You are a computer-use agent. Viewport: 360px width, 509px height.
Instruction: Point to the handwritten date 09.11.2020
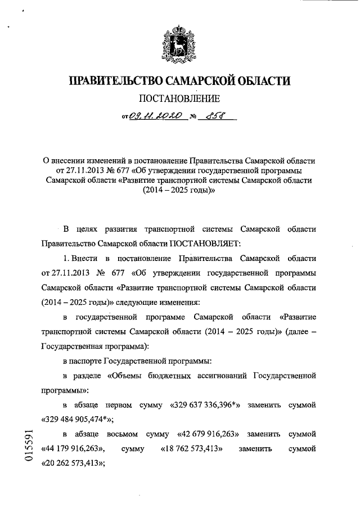pos(154,117)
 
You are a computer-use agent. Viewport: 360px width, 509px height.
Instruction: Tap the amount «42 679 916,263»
pos(208,435)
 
